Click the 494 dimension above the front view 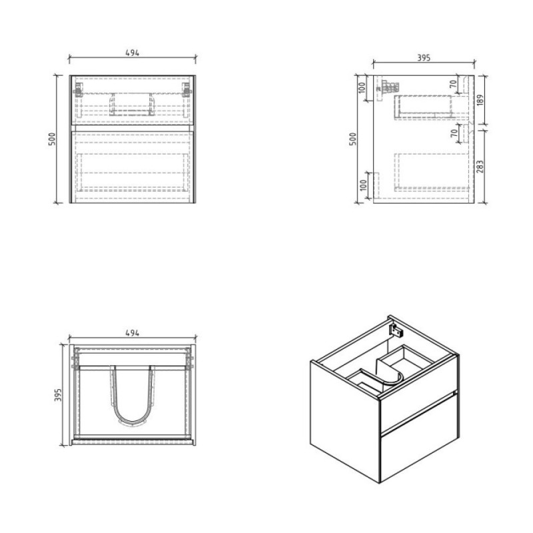click(x=132, y=53)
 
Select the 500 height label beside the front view click(x=52, y=139)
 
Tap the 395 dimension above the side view click(x=424, y=58)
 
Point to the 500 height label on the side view click(x=353, y=139)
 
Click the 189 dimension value click(x=480, y=100)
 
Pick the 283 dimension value click(x=480, y=167)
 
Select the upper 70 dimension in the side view click(x=454, y=85)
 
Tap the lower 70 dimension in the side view click(x=454, y=134)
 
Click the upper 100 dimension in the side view click(x=362, y=88)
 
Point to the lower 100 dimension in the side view click(x=363, y=185)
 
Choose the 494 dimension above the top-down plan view click(x=132, y=333)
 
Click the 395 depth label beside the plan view click(x=58, y=395)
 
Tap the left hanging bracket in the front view click(x=78, y=90)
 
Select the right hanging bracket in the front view click(x=187, y=90)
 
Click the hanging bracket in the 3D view click(x=396, y=330)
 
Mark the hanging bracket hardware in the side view click(x=388, y=87)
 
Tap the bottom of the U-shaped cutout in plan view click(x=132, y=422)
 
